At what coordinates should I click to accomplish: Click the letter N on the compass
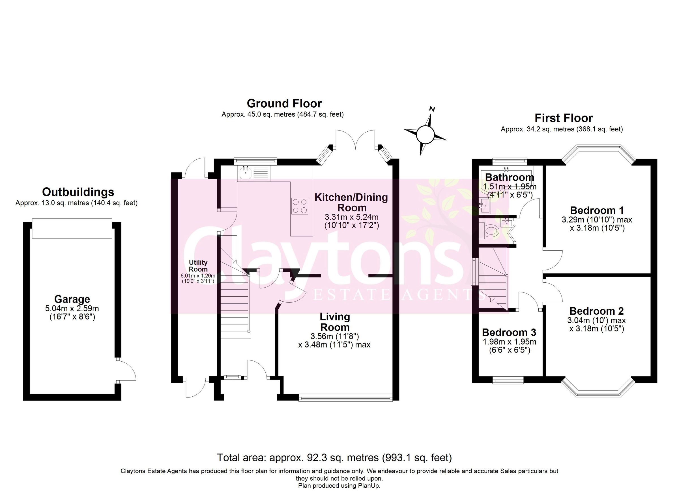432,109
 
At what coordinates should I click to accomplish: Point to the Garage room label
72,299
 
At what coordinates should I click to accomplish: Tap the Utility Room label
198,266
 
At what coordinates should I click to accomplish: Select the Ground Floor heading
284,103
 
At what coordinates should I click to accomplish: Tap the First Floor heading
564,118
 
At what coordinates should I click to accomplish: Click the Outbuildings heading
78,192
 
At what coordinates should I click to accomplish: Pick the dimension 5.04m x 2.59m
72,308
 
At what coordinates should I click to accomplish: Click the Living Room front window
345,398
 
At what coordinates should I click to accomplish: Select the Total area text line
334,457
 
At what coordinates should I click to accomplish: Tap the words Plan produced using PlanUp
339,486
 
